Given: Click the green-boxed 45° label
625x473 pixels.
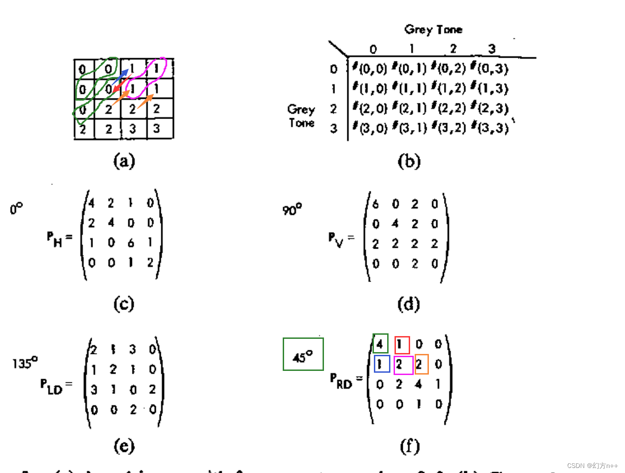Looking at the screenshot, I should (303, 354).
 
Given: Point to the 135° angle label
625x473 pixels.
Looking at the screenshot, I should (25, 363).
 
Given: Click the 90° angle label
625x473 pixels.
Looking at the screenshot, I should (292, 210).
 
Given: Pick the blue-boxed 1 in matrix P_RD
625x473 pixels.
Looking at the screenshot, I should (382, 364).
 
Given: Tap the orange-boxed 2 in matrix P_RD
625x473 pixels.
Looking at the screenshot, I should (421, 364).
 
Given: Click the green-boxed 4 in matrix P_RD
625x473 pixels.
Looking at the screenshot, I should (380, 343).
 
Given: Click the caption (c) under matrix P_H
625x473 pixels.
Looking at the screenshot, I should (124, 304).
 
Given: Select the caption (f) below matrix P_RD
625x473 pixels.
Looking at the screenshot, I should (409, 446).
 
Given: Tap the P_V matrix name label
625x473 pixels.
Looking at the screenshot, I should (338, 239).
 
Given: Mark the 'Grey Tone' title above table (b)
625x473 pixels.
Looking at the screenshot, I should (433, 30).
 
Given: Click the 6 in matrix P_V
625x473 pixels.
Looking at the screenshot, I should (376, 204).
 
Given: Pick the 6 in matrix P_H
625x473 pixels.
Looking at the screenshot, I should (131, 243).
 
